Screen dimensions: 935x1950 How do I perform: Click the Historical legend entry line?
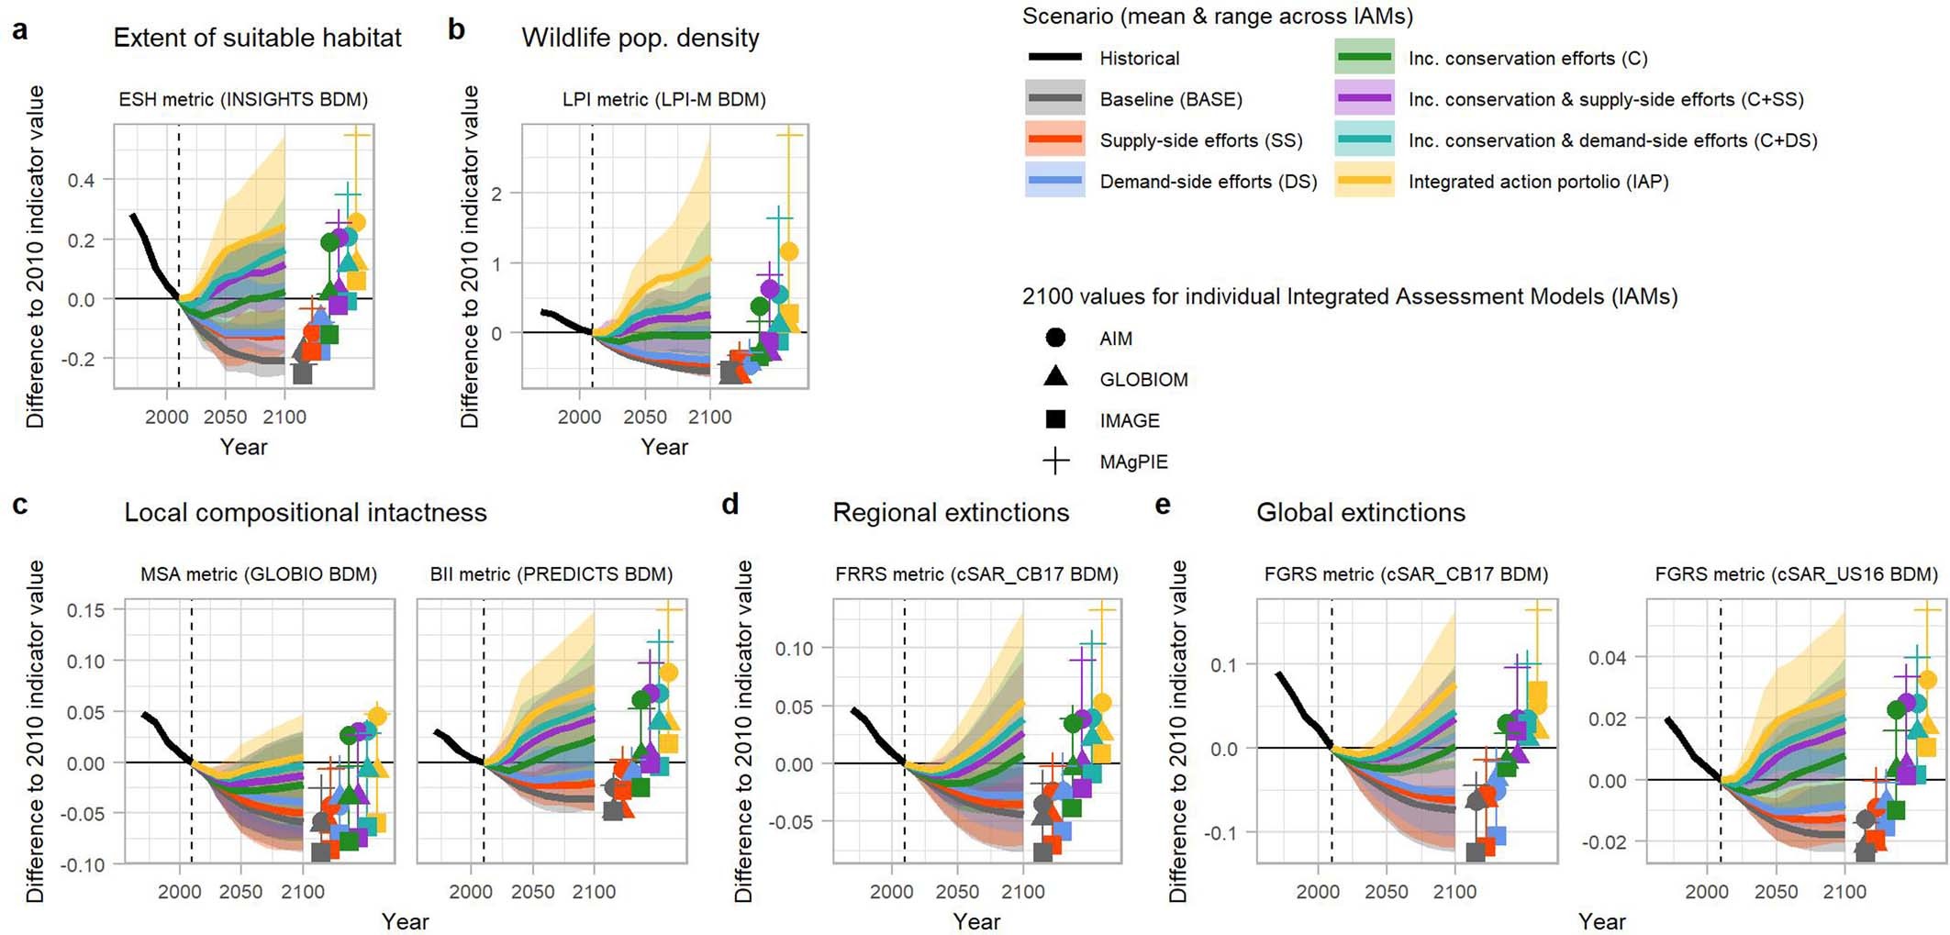tap(1055, 58)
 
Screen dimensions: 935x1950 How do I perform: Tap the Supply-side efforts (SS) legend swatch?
tap(1055, 140)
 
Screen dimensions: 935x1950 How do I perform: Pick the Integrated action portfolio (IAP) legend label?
tap(1538, 182)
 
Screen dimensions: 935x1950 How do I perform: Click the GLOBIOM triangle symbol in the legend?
tap(1055, 376)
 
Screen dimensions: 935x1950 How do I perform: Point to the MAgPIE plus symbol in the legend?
tap(1055, 461)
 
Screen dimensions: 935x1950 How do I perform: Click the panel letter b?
tap(456, 30)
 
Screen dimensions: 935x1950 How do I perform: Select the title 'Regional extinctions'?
tap(951, 512)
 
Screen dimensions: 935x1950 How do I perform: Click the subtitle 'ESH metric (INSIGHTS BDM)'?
tap(243, 99)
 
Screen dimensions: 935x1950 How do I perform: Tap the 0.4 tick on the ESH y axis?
tap(81, 180)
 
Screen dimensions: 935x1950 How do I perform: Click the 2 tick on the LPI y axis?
tap(496, 194)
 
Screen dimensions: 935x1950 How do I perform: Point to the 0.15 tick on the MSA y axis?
tap(84, 609)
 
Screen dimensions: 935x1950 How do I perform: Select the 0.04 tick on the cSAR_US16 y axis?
tap(1608, 658)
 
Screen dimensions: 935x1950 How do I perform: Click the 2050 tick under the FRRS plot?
tap(957, 892)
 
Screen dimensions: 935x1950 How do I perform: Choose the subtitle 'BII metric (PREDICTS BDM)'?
tap(551, 574)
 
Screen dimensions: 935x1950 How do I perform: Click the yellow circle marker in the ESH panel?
tap(357, 222)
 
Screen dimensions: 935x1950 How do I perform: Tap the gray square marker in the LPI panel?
tap(730, 373)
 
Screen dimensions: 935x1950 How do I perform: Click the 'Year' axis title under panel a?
tap(243, 447)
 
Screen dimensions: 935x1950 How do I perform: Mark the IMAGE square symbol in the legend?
tap(1055, 419)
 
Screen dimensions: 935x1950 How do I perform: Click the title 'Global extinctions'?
tap(1360, 512)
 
